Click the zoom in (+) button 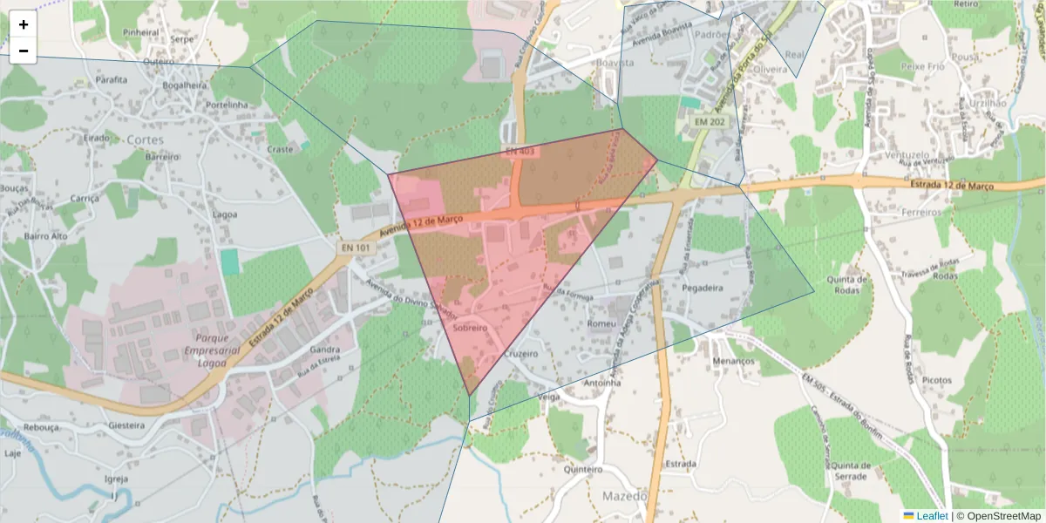24,24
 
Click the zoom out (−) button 24,51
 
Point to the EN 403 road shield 520,152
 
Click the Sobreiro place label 470,328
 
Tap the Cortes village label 145,139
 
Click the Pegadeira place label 703,287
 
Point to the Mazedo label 625,496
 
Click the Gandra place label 324,350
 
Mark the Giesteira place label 127,425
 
